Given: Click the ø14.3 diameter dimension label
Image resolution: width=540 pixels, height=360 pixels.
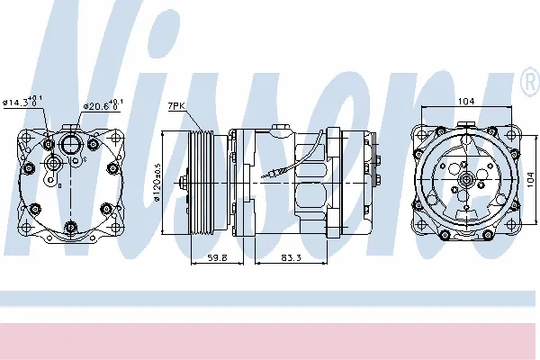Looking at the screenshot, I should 26,102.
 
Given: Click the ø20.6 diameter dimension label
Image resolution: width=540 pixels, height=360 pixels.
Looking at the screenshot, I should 100,105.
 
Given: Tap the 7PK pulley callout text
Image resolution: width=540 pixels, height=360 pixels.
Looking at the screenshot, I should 176,107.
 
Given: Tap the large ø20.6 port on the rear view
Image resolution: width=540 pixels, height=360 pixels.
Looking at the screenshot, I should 71,143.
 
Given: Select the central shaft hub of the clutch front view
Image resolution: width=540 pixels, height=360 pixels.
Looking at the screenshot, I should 466,183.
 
